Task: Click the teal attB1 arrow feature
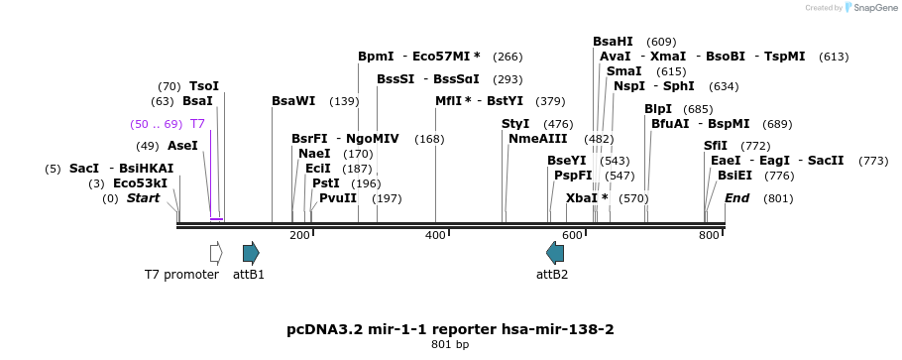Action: coord(251,252)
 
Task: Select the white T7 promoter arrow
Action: coord(215,252)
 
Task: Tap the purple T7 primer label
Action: coord(197,124)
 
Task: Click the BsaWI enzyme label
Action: coord(293,101)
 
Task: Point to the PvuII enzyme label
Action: coord(337,198)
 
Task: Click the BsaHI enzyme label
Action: coord(613,42)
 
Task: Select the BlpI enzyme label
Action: coord(657,109)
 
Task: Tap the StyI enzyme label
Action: coord(515,124)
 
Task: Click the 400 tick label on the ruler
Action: coord(435,235)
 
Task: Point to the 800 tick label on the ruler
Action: coord(709,235)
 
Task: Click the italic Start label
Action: coord(143,198)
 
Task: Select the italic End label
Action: coord(736,198)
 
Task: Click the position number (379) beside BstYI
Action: coord(550,101)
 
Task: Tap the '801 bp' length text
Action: coord(450,344)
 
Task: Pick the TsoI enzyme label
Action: coord(204,86)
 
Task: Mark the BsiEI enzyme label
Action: coord(734,176)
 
